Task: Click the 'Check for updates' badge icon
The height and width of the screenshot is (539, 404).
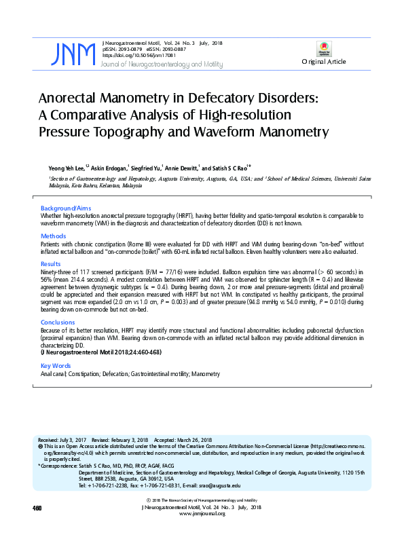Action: click(x=324, y=49)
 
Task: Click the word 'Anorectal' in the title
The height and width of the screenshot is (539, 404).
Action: click(x=76, y=98)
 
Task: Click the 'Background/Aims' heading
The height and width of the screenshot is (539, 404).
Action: click(x=66, y=207)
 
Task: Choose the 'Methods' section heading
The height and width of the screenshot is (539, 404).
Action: click(x=54, y=236)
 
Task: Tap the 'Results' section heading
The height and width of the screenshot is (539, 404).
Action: click(x=51, y=263)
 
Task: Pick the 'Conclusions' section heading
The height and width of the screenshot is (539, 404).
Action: click(x=58, y=322)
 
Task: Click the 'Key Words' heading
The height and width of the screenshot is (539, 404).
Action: click(x=56, y=367)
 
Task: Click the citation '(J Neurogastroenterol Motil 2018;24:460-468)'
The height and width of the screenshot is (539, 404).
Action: click(x=100, y=353)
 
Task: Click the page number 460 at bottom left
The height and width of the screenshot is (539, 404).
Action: click(x=37, y=508)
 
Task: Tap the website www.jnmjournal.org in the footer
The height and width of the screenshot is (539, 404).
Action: click(x=202, y=514)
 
